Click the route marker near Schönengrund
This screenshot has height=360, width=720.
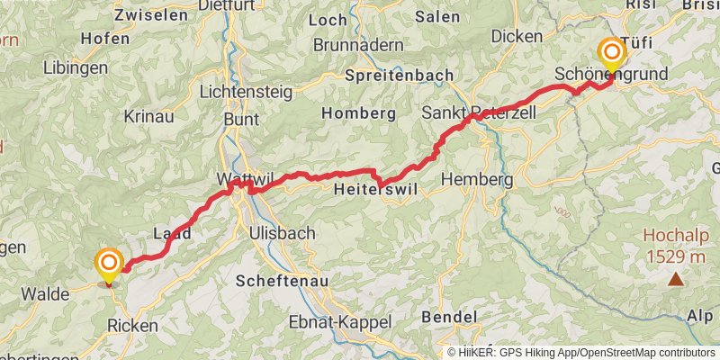611,53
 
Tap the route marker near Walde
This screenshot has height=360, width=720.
109,265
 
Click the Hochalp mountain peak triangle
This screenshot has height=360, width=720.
675,280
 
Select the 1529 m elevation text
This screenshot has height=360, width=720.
674,257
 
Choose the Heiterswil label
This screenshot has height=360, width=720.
371,191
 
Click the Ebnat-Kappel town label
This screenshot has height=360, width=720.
340,322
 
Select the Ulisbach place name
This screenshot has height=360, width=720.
282,233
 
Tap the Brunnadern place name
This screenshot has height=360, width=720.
355,44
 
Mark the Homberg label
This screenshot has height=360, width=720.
359,113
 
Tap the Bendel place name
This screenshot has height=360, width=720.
448,317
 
